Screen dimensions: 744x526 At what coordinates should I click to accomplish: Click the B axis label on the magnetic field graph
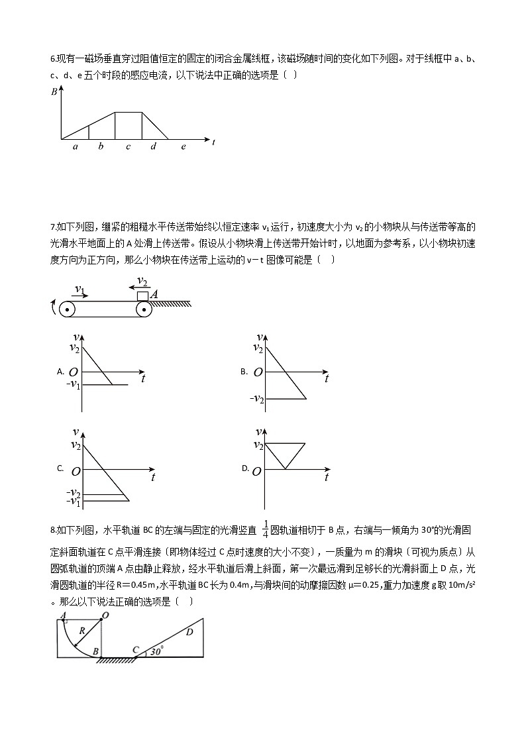tap(54, 92)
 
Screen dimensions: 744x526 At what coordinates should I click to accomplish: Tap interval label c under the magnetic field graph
tap(128, 146)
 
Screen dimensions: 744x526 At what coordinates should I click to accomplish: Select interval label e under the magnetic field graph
tap(184, 146)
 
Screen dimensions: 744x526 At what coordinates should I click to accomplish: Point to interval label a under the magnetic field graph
tap(75, 146)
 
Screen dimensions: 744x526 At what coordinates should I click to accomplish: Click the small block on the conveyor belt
tap(142, 296)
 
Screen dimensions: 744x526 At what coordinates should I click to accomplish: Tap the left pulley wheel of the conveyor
tap(67, 309)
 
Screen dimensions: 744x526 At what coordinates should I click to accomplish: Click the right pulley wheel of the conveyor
tap(144, 309)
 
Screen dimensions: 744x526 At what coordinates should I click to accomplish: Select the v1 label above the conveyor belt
tap(79, 290)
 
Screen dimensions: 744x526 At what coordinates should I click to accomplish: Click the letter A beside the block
tap(154, 294)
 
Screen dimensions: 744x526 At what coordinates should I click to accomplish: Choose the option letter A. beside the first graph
tap(60, 372)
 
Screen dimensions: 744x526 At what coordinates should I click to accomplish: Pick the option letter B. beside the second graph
tap(244, 372)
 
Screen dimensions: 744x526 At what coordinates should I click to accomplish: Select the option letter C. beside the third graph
tap(60, 469)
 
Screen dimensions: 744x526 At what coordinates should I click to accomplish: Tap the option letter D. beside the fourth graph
tap(245, 468)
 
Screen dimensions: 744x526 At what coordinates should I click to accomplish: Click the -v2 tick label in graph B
tap(256, 399)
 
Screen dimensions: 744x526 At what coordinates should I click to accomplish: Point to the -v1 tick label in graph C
tap(74, 503)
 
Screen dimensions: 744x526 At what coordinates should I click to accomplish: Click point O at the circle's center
tap(105, 615)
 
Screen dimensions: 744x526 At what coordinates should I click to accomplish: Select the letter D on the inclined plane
tap(189, 632)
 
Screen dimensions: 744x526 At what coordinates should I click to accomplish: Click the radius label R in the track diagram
tap(81, 631)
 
